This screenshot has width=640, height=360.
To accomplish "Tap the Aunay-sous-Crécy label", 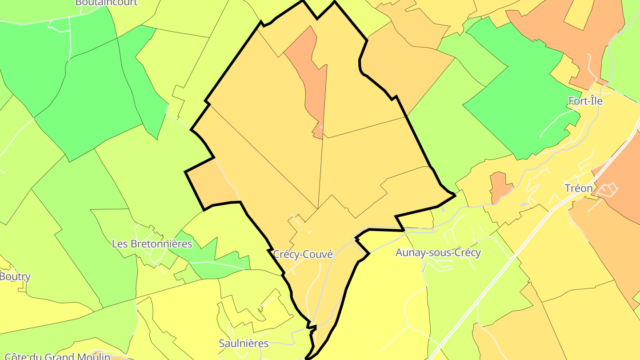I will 438,253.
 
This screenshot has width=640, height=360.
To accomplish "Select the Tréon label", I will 579,188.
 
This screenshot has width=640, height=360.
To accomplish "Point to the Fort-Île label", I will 585,101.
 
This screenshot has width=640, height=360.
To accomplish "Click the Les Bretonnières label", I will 152,244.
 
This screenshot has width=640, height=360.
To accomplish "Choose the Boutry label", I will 15,276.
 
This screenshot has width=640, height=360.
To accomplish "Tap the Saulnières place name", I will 244,343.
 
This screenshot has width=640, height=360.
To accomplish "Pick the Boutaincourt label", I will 106,3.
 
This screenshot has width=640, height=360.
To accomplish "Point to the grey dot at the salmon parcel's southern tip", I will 321,128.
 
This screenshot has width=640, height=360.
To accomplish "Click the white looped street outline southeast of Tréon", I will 607,190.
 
